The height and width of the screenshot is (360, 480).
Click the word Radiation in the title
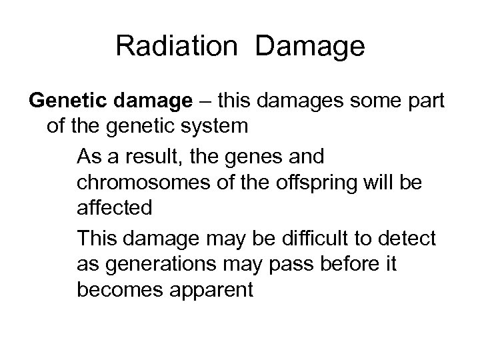click(177, 46)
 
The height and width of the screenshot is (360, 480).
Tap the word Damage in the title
click(310, 46)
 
